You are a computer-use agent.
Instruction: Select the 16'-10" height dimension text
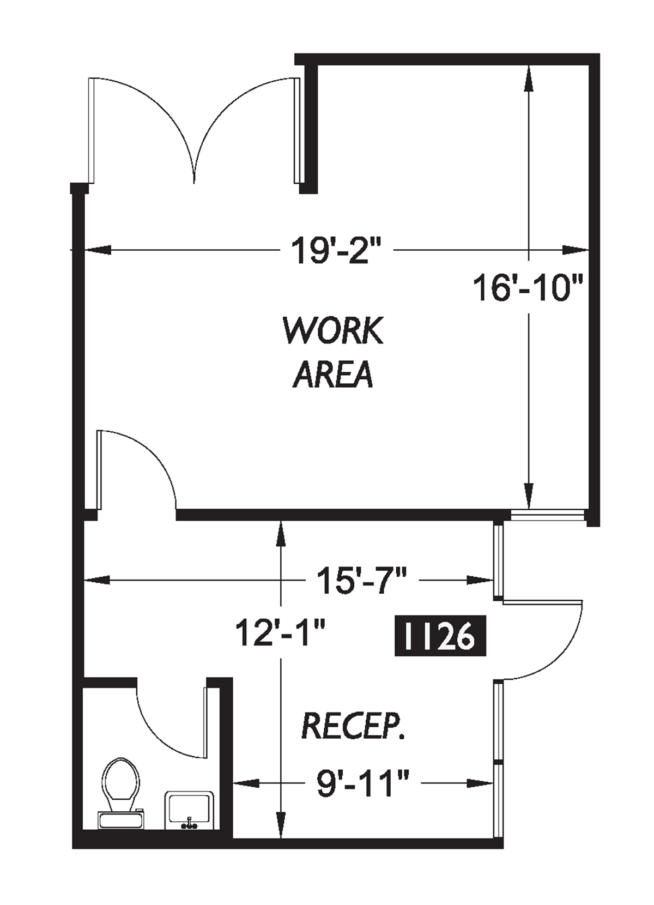528,288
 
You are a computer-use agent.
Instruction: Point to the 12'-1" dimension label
280,633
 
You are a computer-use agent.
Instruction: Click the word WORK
333,331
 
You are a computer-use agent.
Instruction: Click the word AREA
333,374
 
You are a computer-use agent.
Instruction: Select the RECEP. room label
353,726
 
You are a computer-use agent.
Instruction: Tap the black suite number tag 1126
440,635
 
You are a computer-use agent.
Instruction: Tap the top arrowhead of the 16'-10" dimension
528,76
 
